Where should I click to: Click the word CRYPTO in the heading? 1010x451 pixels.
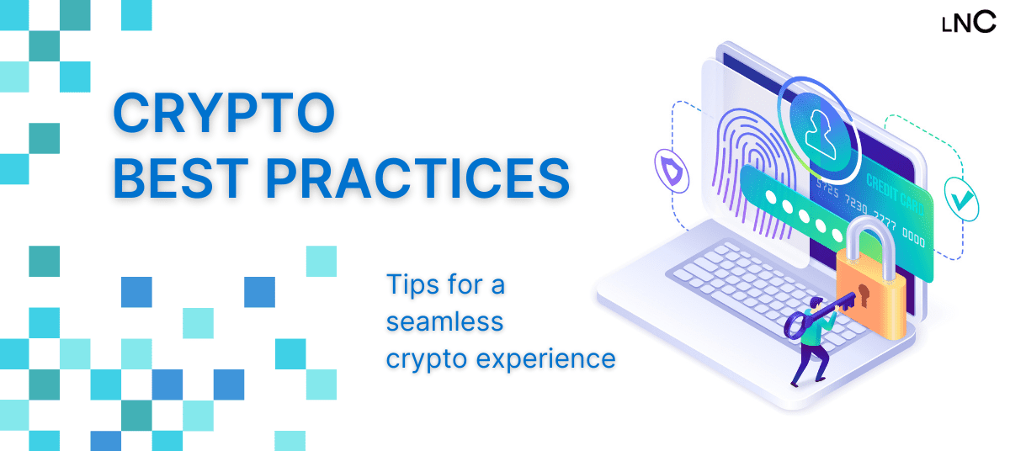223,115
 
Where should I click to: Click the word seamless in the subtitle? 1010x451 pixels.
444,321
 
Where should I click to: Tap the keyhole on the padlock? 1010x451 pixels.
863,296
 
